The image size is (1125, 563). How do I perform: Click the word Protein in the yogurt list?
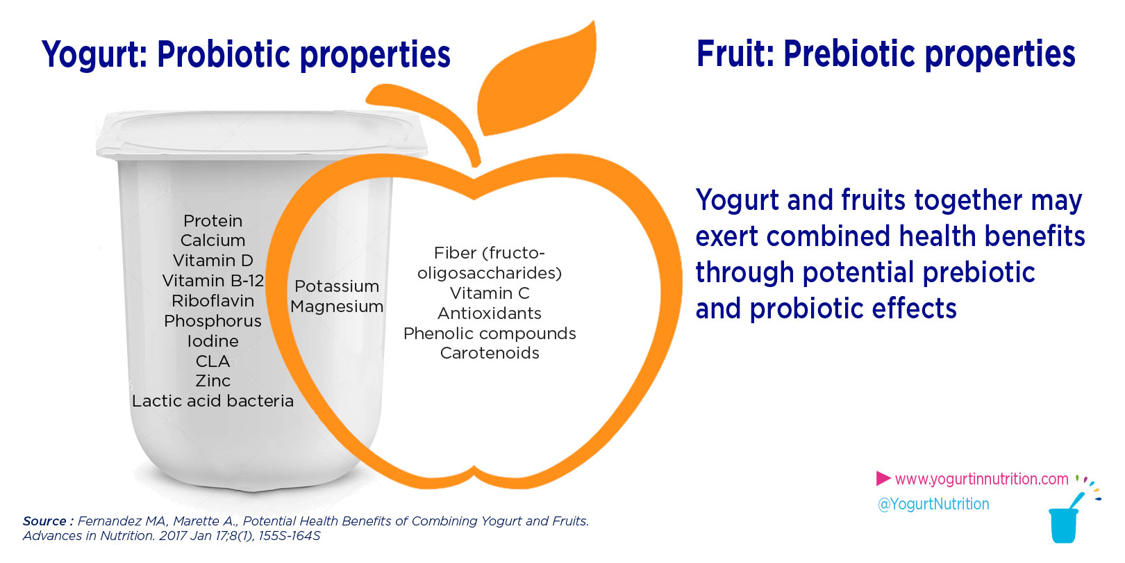click(212, 221)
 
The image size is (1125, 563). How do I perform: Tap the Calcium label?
click(212, 240)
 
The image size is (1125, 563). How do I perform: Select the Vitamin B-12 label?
click(212, 281)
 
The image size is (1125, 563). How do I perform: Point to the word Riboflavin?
click(212, 301)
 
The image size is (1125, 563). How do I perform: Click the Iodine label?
click(212, 341)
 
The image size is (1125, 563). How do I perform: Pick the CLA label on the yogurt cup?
click(212, 361)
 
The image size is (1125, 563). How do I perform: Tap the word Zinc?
click(212, 381)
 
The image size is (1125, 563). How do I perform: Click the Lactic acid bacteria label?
click(212, 401)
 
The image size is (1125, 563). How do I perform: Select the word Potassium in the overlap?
click(337, 286)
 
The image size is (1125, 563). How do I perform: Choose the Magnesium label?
click(337, 307)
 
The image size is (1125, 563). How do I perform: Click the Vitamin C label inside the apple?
click(490, 293)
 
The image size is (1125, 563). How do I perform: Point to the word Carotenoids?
click(490, 353)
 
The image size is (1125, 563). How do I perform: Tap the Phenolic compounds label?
click(490, 334)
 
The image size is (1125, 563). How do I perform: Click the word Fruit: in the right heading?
click(735, 54)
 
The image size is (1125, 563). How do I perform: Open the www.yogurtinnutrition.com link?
click(981, 479)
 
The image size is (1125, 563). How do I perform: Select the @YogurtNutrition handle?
click(933, 504)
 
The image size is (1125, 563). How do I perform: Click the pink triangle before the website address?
click(883, 478)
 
